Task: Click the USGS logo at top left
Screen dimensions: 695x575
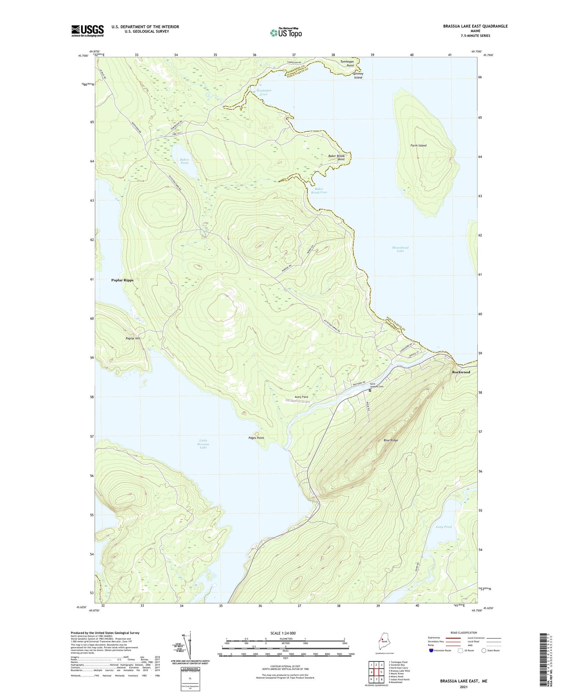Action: [x=87, y=31]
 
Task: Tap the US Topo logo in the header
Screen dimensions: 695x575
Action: [x=286, y=33]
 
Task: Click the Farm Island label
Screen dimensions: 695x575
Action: [x=418, y=146]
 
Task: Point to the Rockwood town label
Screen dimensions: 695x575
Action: [x=461, y=372]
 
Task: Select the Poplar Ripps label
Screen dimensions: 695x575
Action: [x=122, y=280]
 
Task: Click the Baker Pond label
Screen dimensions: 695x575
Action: [x=184, y=161]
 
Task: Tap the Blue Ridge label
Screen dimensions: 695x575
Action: [x=391, y=440]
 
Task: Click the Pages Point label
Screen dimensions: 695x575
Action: [x=256, y=438]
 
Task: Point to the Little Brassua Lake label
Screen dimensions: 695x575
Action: [x=203, y=444]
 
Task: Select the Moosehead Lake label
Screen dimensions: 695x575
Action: [x=400, y=249]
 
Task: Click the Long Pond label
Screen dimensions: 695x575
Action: [x=444, y=527]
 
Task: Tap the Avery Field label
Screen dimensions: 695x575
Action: [x=301, y=397]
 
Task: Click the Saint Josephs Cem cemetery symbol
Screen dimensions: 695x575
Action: [x=370, y=391]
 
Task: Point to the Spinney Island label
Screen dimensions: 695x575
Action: [x=358, y=76]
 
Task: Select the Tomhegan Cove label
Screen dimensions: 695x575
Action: [x=263, y=92]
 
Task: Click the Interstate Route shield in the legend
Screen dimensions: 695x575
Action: [x=432, y=651]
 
